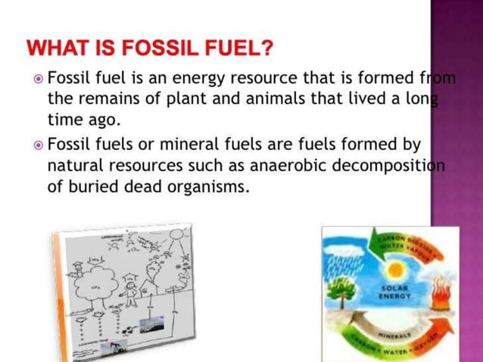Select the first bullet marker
pos(39,79)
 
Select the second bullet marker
pos(39,145)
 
